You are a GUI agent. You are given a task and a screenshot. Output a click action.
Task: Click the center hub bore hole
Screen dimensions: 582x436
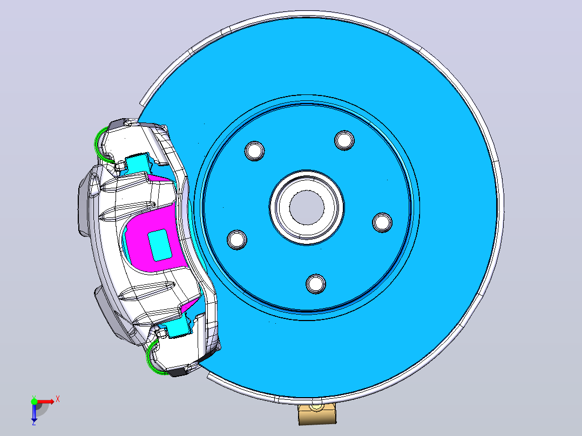pos(306,207)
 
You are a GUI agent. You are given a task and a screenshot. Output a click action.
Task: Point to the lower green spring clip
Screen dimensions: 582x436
pos(153,359)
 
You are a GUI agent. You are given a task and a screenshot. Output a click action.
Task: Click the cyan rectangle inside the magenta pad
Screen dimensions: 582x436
pos(160,244)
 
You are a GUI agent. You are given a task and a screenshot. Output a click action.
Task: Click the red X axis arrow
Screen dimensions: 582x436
pos(45,401)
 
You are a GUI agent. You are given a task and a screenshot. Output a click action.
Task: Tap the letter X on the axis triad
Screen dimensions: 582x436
pos(58,399)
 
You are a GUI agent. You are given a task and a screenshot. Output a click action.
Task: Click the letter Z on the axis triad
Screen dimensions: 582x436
pos(34,423)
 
